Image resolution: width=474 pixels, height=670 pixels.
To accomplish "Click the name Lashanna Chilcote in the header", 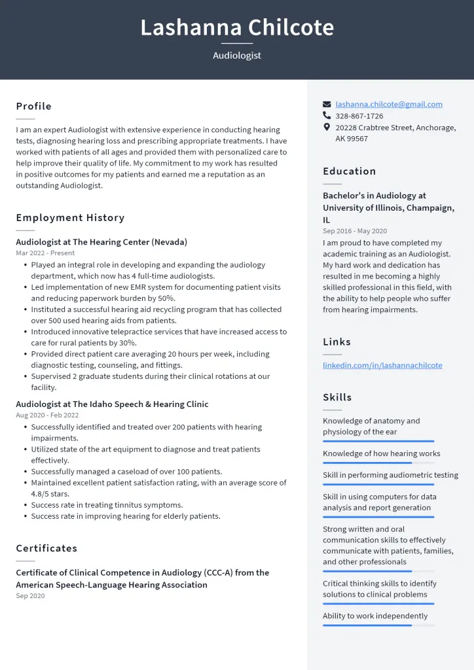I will click(x=237, y=27).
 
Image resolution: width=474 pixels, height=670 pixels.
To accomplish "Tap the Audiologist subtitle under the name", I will click(x=237, y=56).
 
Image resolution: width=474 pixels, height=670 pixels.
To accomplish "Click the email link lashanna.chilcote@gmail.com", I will click(x=389, y=104).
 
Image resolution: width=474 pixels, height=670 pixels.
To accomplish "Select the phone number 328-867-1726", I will click(x=359, y=116).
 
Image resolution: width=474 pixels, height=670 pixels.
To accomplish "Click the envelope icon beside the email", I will click(x=327, y=104).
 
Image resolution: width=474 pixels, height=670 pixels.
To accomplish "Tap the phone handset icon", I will click(x=327, y=116).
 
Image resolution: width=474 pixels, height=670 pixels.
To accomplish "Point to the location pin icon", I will click(x=327, y=128).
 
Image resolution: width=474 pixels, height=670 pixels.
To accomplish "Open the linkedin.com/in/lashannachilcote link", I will click(x=382, y=365).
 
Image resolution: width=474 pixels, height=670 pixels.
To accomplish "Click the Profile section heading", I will click(x=34, y=106).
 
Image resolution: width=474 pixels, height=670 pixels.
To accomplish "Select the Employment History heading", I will click(x=70, y=217).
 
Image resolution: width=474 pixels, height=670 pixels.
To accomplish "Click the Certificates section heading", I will click(x=46, y=548).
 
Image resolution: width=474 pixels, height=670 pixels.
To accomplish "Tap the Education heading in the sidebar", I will click(x=350, y=171).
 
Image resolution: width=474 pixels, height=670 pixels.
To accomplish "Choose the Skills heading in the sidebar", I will click(x=337, y=397).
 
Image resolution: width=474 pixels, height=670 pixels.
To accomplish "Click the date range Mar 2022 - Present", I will click(x=45, y=253).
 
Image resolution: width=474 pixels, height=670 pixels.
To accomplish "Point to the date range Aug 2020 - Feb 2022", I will click(x=47, y=415).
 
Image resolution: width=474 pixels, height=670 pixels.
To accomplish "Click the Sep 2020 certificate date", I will click(x=30, y=595).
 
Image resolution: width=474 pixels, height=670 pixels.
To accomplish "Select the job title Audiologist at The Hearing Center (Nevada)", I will click(x=101, y=241).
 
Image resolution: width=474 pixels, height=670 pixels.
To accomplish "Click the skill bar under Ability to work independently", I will click(x=378, y=626).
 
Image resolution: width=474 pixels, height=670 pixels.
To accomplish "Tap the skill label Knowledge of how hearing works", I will click(x=381, y=453).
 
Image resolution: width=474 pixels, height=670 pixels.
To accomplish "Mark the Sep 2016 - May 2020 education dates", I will click(x=354, y=231).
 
